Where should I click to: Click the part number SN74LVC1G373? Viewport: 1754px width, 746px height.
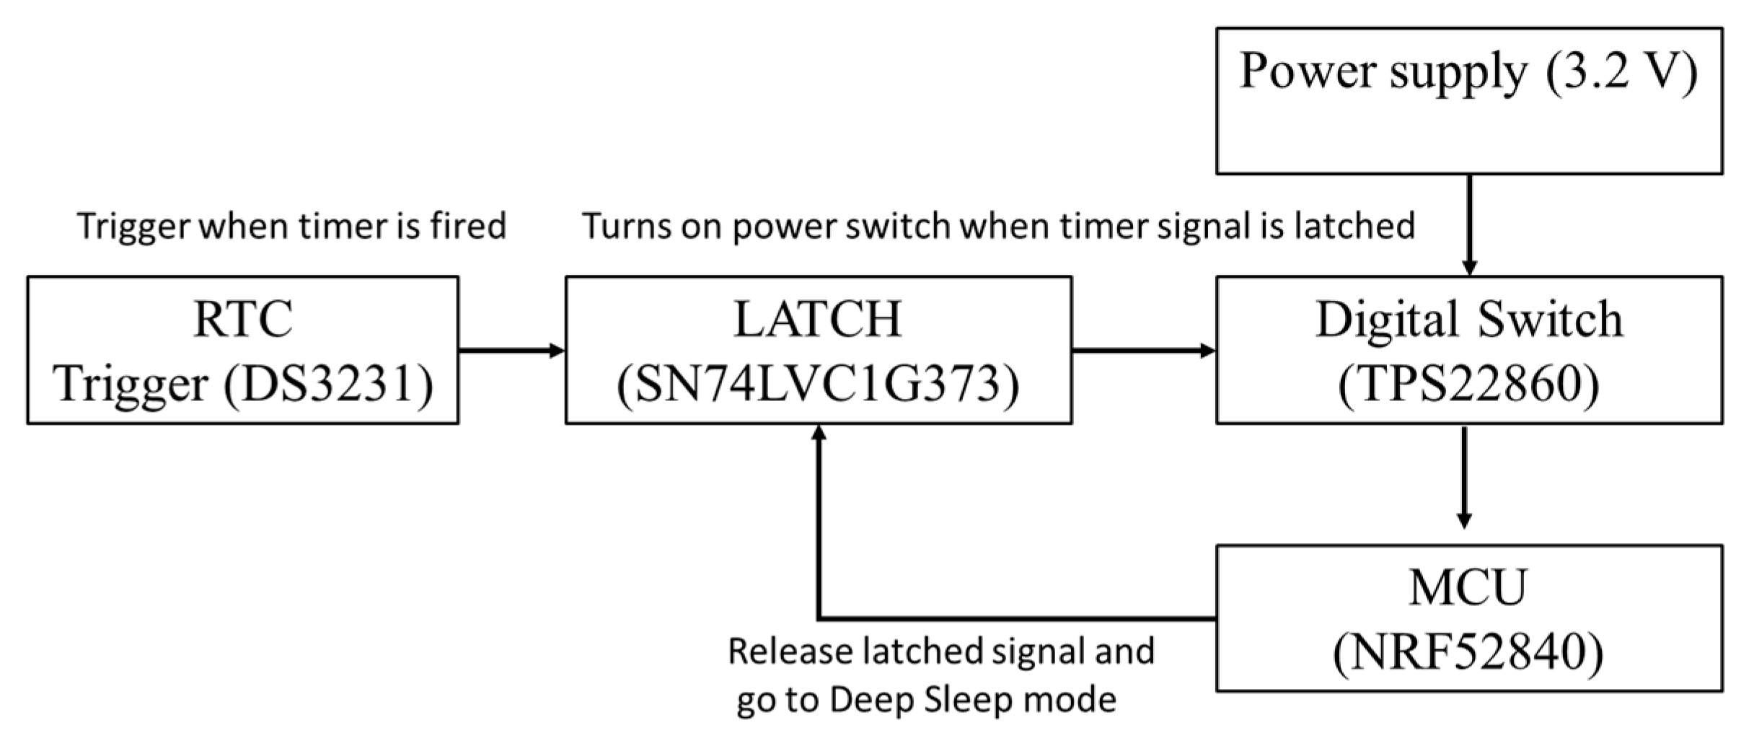tap(818, 385)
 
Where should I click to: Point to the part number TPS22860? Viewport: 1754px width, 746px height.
tap(1469, 385)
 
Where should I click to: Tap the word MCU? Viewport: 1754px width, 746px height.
tap(1468, 589)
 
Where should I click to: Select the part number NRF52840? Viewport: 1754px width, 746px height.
tap(1468, 653)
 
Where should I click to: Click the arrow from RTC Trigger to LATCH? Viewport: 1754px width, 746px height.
tap(511, 351)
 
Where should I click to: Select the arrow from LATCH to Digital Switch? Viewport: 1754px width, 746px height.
tap(1143, 351)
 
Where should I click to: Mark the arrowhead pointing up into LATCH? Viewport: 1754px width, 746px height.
tap(819, 433)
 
